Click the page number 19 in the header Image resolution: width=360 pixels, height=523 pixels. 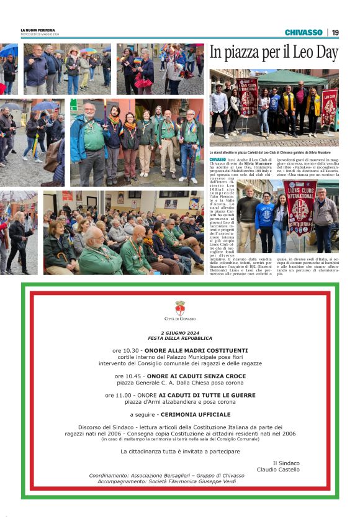click(335, 32)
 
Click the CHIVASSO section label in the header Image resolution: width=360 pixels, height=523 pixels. click(304, 32)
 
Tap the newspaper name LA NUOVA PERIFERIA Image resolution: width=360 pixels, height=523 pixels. click(37, 30)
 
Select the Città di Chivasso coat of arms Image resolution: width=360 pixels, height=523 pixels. click(180, 308)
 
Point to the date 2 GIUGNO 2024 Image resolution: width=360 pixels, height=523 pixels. click(180, 332)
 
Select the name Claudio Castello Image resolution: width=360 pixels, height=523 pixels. click(278, 470)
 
